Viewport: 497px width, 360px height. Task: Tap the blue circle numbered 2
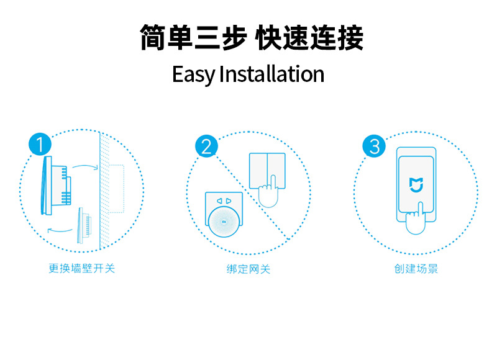[206, 147]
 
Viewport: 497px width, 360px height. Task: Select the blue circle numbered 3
[374, 147]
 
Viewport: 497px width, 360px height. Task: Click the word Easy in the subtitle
[193, 74]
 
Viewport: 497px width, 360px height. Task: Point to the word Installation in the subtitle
[272, 74]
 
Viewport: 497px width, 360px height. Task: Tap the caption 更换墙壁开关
[81, 269]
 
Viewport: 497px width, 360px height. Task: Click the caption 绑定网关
[248, 269]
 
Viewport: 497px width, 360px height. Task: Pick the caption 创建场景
[416, 269]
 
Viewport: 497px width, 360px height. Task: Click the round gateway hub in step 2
[224, 220]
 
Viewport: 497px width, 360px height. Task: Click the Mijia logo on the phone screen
[416, 184]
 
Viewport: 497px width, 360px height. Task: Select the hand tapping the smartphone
[414, 220]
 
